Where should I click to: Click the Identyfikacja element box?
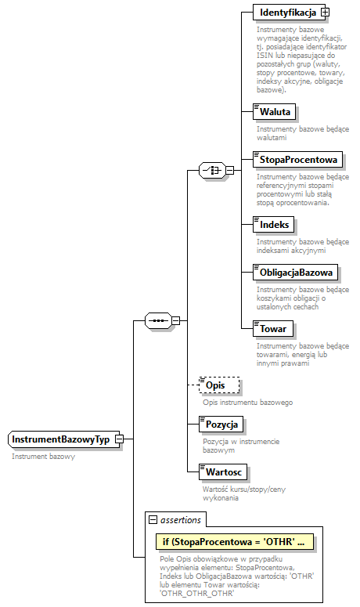286,13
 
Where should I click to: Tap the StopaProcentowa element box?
297,160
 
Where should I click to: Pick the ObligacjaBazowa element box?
295,273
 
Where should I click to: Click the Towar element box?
273,329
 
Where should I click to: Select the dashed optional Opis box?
219,386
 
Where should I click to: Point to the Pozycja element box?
221,424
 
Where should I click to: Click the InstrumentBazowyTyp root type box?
60,439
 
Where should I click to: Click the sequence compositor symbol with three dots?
158,320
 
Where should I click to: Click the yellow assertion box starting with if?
234,541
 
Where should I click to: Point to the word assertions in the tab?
181,519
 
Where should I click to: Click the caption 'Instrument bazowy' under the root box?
43,456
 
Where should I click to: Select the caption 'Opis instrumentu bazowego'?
247,402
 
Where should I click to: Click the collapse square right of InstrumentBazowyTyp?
119,439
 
